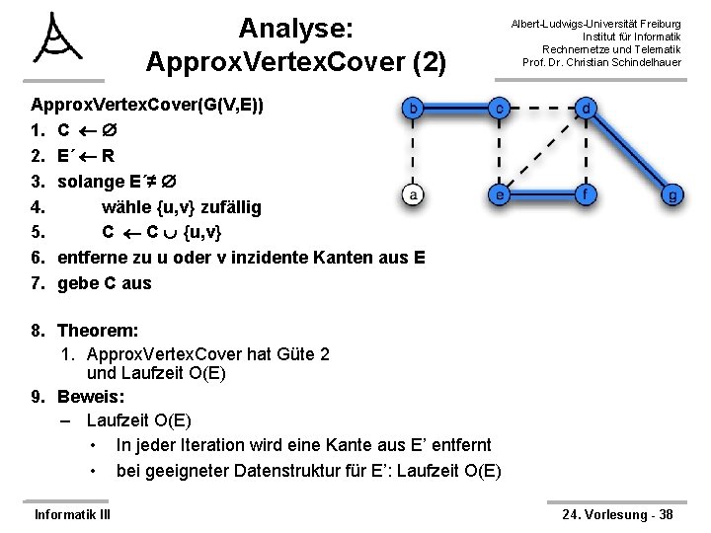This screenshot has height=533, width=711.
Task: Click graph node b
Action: [417, 108]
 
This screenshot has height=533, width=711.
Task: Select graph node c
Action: [501, 108]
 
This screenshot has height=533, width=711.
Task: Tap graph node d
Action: [587, 108]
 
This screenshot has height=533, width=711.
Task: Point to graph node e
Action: [501, 194]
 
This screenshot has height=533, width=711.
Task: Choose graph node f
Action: [587, 194]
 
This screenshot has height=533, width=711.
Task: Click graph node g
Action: [672, 194]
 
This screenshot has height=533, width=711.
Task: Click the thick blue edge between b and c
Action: [458, 108]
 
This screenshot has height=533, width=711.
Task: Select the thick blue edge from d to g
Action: [630, 151]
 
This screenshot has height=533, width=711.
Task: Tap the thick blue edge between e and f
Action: [543, 194]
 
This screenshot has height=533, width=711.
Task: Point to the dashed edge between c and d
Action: [543, 108]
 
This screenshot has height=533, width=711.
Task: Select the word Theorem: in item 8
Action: [98, 331]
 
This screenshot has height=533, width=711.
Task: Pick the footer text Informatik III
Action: [72, 514]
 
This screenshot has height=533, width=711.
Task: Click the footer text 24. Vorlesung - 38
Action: [617, 514]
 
